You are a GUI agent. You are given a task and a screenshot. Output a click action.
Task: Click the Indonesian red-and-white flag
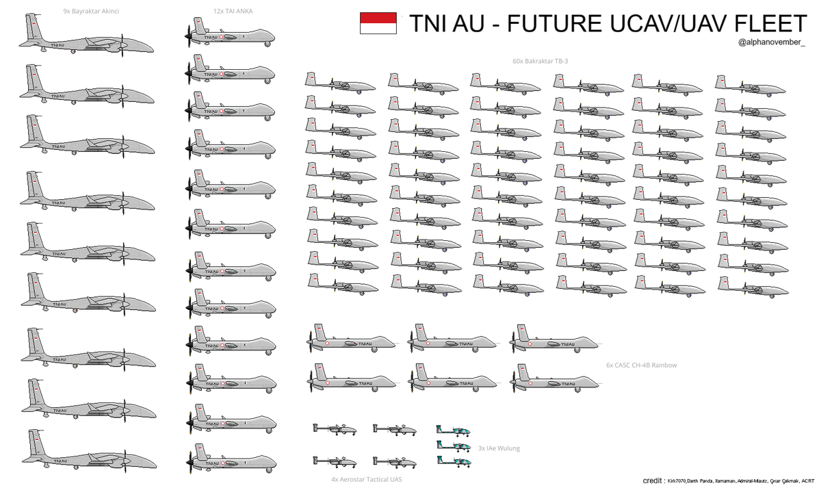[378, 23]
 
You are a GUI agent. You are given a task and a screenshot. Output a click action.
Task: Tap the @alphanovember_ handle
[772, 43]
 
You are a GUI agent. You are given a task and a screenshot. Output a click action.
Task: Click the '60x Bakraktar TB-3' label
[540, 61]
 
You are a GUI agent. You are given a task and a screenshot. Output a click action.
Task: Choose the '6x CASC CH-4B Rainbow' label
[642, 365]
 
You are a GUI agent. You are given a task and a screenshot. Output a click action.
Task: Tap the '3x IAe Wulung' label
[499, 448]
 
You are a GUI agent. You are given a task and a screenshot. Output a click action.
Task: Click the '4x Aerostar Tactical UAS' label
[366, 480]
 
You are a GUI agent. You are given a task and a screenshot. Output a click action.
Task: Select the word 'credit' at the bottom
[653, 481]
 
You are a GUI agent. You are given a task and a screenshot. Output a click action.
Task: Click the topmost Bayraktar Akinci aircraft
[86, 40]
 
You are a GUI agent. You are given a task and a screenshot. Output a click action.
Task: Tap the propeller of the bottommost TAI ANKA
[188, 463]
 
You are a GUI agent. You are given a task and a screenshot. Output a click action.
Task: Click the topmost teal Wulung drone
[453, 430]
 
